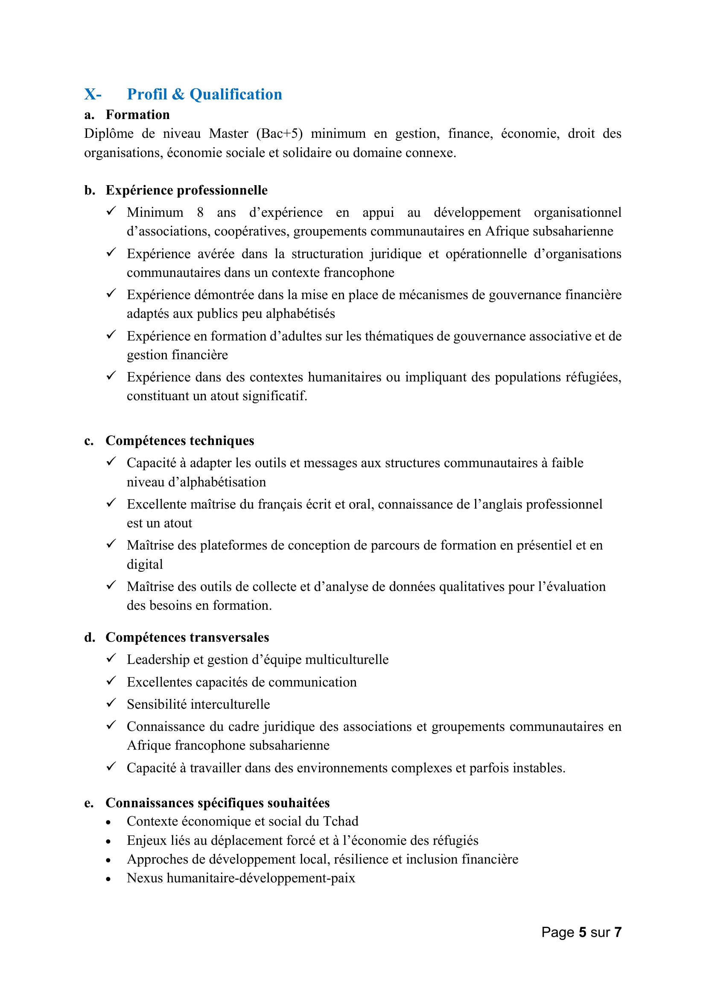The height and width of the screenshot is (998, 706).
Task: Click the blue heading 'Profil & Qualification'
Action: coord(204,94)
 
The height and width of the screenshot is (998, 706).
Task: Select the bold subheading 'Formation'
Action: coord(137,115)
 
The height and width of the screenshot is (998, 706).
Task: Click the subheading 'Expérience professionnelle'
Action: coord(187,190)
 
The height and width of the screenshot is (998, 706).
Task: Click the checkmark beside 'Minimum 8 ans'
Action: coord(111,212)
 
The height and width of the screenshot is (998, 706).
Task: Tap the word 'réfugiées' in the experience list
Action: coord(593,377)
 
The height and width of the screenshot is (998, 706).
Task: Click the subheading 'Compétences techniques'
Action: coord(180,441)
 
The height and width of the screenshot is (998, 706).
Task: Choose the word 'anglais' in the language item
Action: coord(502,504)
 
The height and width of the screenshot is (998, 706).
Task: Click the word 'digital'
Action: coord(145,564)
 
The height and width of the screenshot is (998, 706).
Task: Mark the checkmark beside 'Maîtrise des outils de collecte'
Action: coord(111,585)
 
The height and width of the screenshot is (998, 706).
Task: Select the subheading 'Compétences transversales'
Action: coord(187,637)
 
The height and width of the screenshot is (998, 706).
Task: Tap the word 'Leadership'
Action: coord(158,659)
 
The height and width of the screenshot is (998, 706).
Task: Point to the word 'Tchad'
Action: coord(341,821)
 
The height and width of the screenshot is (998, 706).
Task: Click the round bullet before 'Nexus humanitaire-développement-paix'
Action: coord(108,879)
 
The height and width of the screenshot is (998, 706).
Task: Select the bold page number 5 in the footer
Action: coord(582,932)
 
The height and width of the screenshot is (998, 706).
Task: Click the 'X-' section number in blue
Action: coord(93,94)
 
